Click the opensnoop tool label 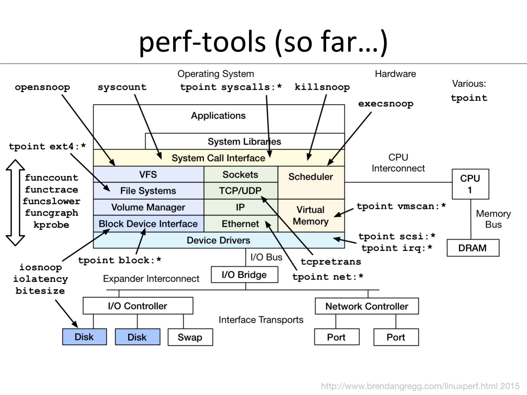click(42, 87)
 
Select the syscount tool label click(122, 87)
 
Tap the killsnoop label click(322, 87)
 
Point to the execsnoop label click(385, 104)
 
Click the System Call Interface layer click(218, 158)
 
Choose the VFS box click(148, 175)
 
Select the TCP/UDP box click(240, 191)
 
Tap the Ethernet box click(240, 224)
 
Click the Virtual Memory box click(311, 216)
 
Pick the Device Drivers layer click(218, 240)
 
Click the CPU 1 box click(470, 184)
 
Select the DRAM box click(473, 248)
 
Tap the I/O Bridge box click(244, 275)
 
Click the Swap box click(190, 337)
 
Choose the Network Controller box click(366, 306)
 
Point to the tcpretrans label click(331, 262)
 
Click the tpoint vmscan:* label click(401, 206)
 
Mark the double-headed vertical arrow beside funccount click(15, 203)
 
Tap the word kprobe click(51, 225)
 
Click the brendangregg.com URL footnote click(420, 386)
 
